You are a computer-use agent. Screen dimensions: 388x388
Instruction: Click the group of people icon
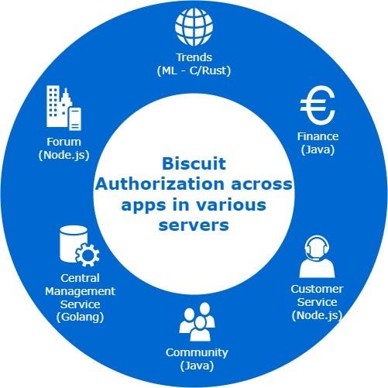tap(194, 324)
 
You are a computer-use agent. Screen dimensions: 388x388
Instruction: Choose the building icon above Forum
tap(64, 108)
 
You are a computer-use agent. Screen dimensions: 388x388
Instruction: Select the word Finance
tap(318, 136)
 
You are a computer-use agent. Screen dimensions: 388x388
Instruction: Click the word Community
tap(194, 352)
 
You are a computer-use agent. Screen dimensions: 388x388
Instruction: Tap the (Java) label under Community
tap(194, 365)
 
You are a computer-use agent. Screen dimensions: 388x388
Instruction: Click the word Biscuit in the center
tap(194, 165)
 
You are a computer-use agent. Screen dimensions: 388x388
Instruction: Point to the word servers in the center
tap(194, 225)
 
